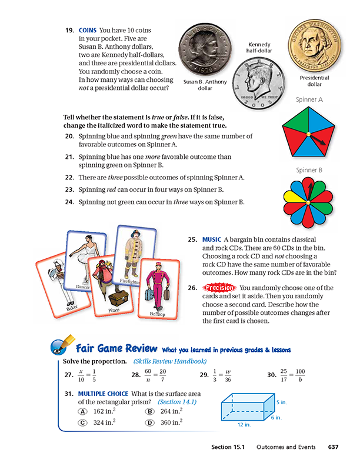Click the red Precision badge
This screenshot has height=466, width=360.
[x=218, y=288]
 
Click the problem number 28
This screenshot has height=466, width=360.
[x=135, y=375]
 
